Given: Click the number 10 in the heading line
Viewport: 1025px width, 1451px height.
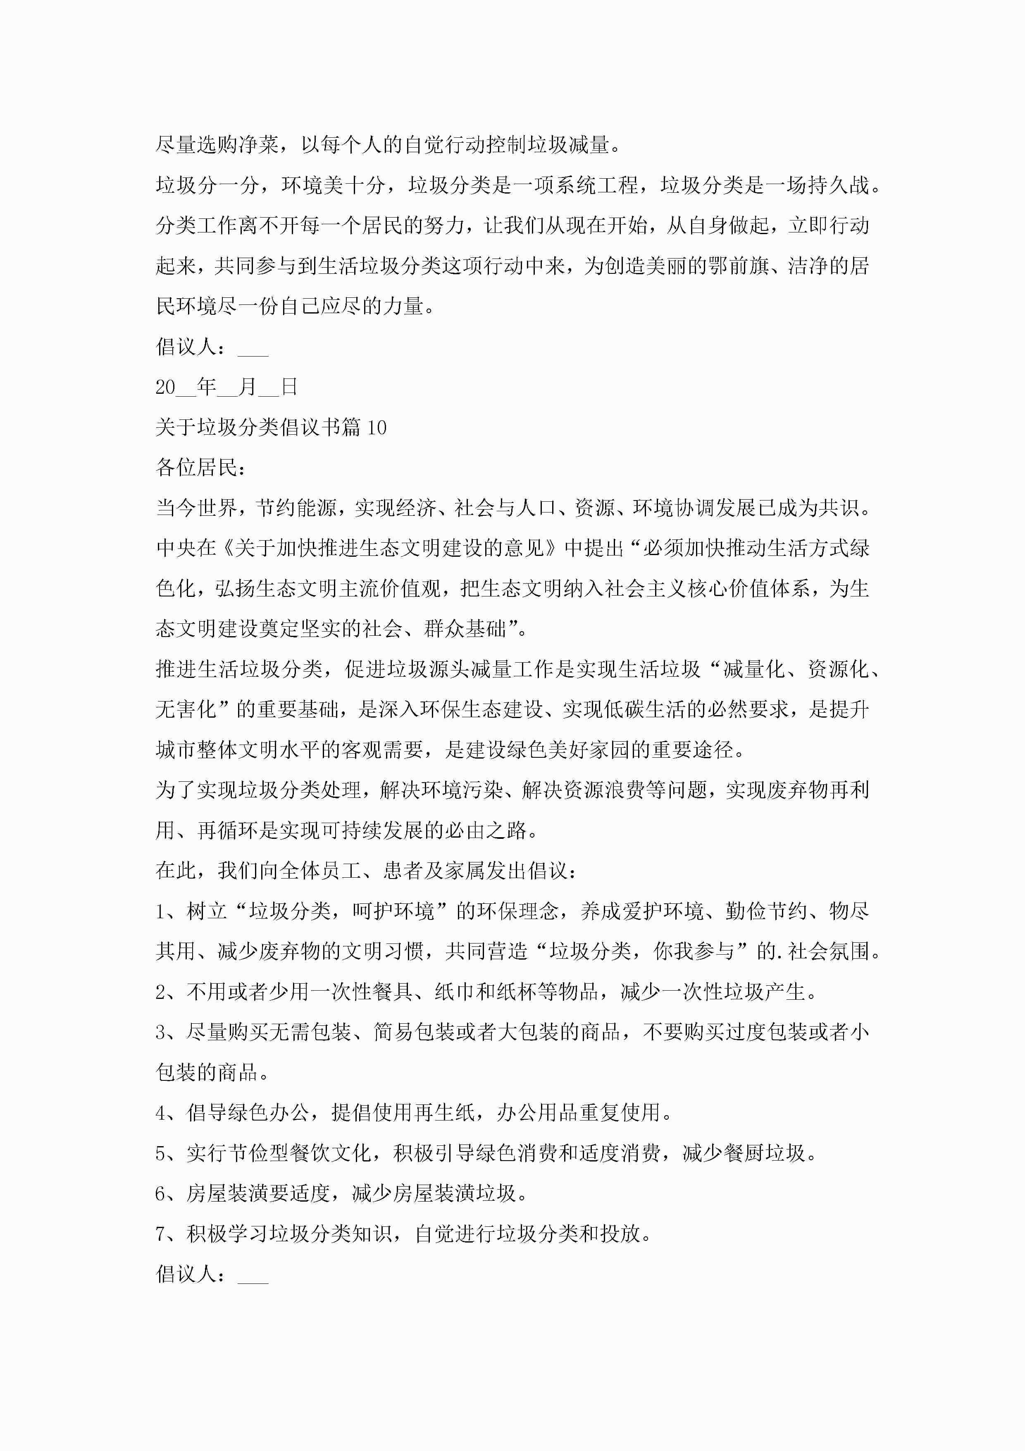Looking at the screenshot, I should click(x=377, y=428).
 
